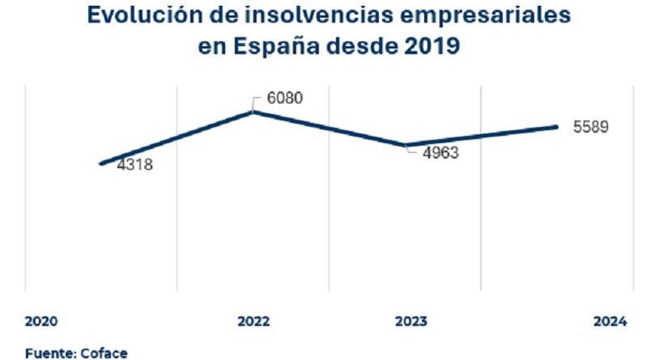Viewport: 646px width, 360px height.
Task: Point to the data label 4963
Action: click(x=438, y=153)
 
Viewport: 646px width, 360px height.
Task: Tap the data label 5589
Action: click(x=590, y=127)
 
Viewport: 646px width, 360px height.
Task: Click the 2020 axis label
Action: click(x=40, y=321)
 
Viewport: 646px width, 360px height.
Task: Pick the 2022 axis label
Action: click(x=253, y=321)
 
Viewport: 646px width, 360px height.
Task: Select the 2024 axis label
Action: click(x=610, y=321)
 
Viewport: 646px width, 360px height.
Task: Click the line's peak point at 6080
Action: click(x=253, y=112)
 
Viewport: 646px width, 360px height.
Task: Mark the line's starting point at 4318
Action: click(x=101, y=163)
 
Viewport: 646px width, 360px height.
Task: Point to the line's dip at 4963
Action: click(x=406, y=146)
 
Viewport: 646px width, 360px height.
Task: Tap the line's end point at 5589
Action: click(x=556, y=126)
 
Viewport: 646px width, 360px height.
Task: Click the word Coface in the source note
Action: click(x=103, y=353)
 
